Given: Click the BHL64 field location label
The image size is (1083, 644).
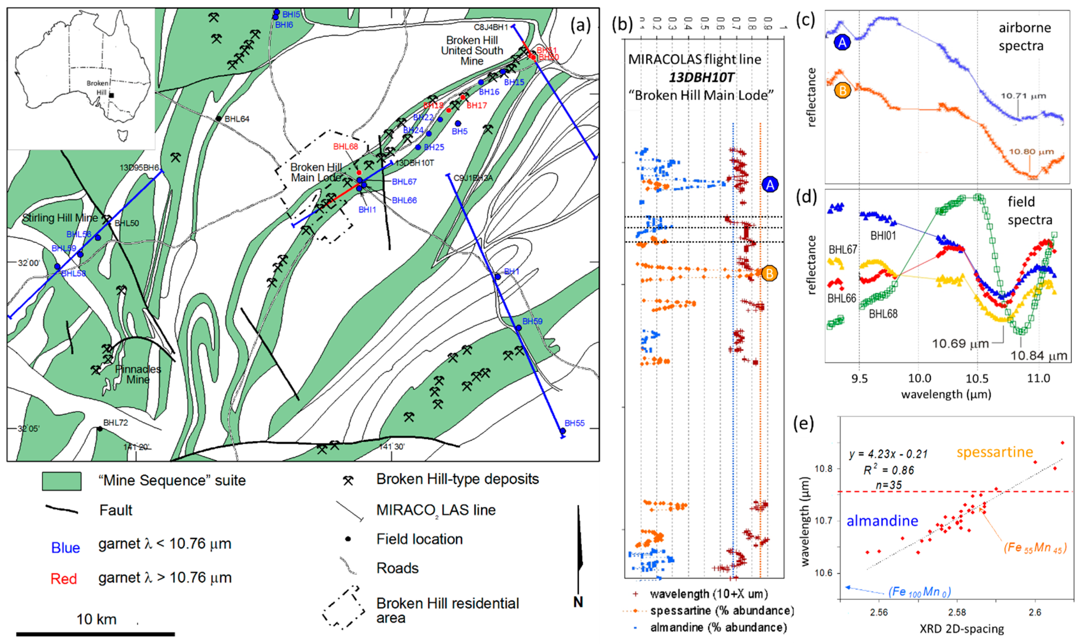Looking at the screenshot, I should click(x=237, y=119).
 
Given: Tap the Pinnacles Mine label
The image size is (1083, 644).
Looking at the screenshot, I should click(x=138, y=374).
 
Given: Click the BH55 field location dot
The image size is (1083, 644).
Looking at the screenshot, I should click(x=563, y=431).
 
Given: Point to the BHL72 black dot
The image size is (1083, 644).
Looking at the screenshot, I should click(x=100, y=429).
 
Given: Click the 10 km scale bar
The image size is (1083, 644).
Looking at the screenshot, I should click(x=96, y=634).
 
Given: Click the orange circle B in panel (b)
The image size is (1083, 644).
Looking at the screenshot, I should click(x=769, y=273).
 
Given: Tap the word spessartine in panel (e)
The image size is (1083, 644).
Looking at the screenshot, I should click(x=995, y=452).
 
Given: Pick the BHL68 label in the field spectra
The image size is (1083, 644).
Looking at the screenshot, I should click(x=883, y=314).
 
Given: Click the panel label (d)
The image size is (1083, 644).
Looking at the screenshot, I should click(x=806, y=197).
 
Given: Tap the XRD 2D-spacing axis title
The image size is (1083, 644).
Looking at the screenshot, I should click(x=961, y=629).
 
